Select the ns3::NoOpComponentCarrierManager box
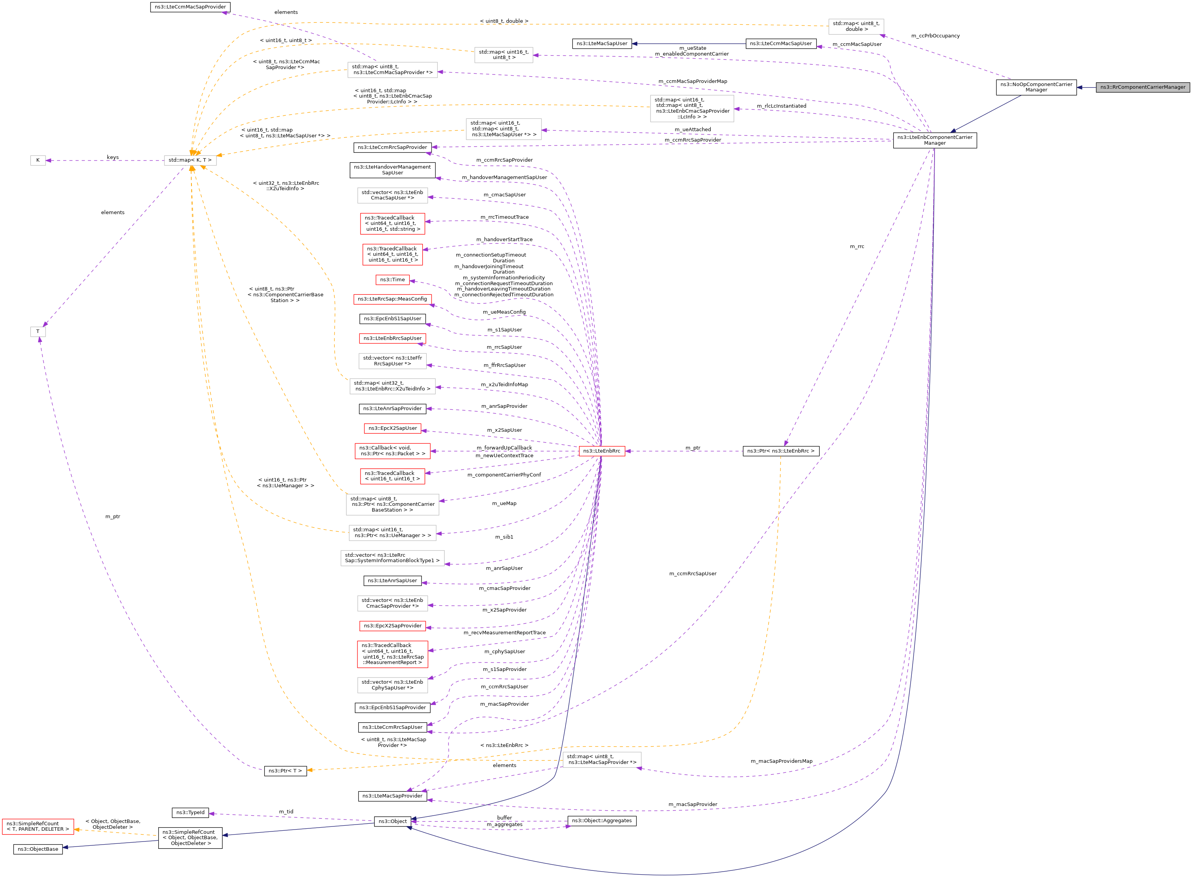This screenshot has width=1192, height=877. (x=1036, y=87)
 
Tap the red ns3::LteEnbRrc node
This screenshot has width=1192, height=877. (x=601, y=451)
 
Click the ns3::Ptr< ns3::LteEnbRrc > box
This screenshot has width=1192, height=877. (x=781, y=451)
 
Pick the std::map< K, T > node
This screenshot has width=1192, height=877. (x=190, y=161)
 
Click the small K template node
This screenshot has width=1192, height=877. (x=38, y=161)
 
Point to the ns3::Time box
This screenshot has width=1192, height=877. (x=392, y=280)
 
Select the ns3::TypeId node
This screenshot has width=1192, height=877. (x=190, y=813)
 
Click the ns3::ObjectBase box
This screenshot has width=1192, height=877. (x=38, y=849)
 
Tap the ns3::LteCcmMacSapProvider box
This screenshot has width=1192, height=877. (x=190, y=7)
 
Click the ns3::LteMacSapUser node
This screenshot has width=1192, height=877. (x=601, y=44)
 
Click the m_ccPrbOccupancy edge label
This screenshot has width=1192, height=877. (x=935, y=36)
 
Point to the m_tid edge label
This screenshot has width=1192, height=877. (x=286, y=812)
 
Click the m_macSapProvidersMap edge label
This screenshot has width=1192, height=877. (x=781, y=761)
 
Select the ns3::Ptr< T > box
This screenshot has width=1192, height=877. (x=285, y=771)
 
